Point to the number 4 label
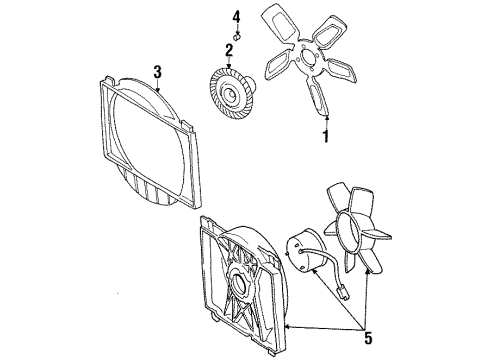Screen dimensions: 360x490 [237, 17]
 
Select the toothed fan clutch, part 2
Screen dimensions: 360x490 [230, 94]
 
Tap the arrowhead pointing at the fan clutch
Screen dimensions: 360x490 [229, 62]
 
